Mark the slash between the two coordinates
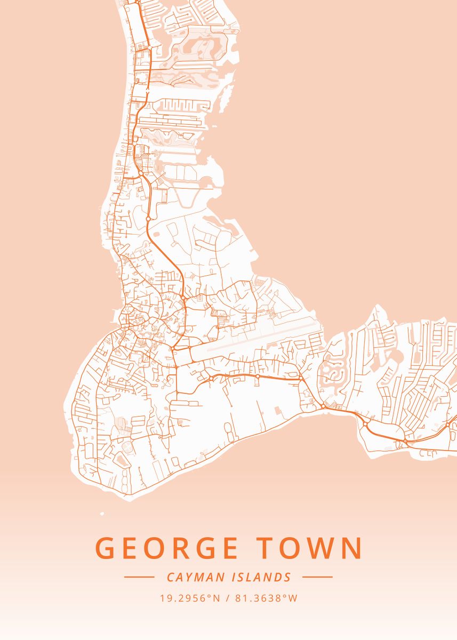coord(228,598)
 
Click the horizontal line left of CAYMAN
coord(139,577)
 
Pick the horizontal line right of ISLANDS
coord(317,577)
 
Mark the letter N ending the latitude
coord(217,598)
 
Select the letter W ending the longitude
coord(293,598)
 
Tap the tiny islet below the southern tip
coord(101,514)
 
